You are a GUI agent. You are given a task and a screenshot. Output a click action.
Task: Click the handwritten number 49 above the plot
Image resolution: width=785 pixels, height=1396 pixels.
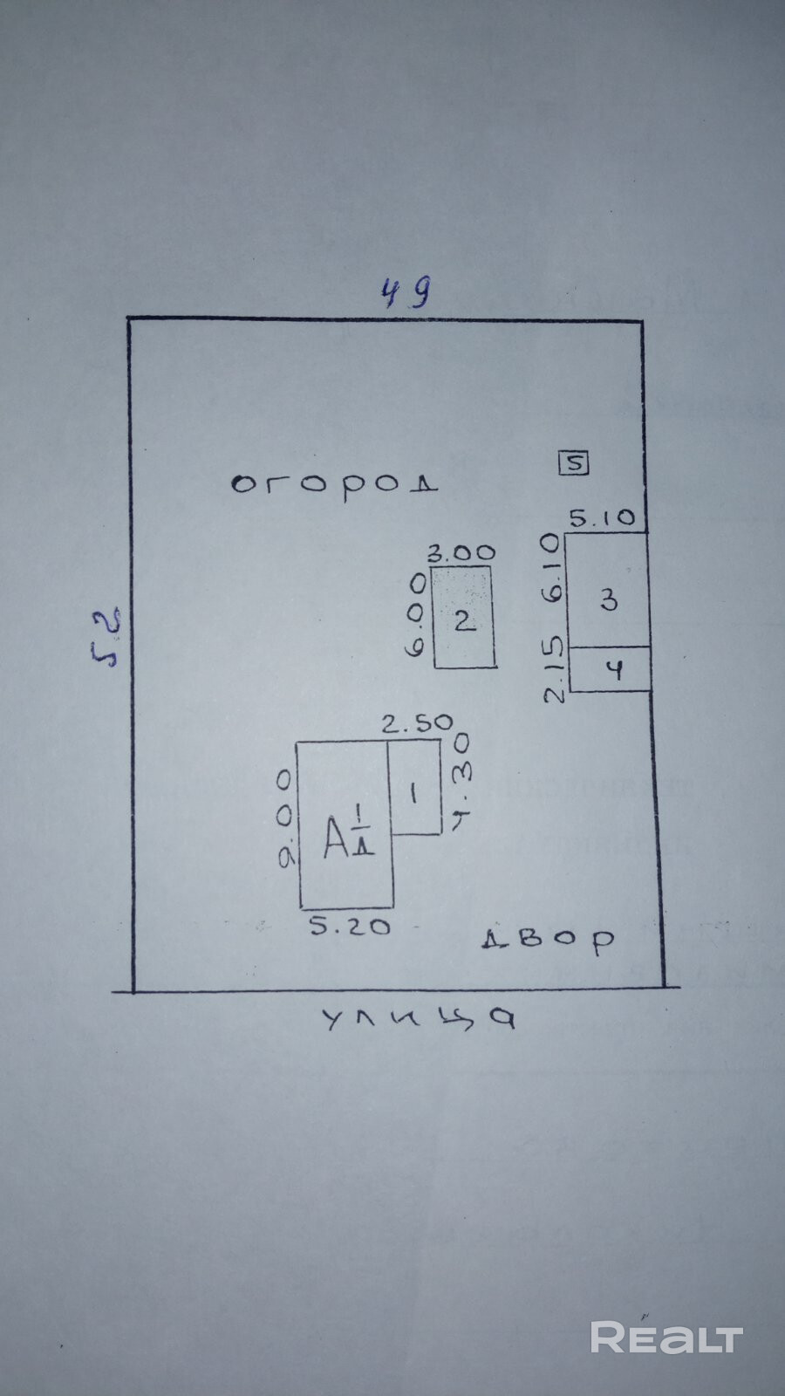(406, 292)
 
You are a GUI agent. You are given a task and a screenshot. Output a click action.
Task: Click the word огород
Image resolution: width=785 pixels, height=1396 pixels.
(334, 482)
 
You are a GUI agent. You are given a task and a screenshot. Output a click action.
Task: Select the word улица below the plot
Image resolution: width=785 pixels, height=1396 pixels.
(420, 1019)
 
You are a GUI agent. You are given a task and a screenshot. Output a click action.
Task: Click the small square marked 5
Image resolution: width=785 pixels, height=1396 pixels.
(574, 462)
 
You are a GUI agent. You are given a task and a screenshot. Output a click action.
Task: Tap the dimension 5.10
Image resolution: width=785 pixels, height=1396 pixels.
(603, 518)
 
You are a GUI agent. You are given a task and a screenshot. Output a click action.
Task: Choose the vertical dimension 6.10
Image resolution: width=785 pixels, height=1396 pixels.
(550, 568)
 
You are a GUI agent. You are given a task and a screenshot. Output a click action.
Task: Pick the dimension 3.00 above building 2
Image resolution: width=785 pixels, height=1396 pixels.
(461, 552)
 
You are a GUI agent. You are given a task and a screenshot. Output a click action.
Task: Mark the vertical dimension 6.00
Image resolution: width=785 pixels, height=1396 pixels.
(418, 614)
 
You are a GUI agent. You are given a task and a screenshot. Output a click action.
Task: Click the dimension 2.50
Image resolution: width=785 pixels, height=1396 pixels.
(418, 722)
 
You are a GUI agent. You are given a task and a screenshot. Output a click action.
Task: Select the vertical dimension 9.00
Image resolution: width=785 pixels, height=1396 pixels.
(285, 819)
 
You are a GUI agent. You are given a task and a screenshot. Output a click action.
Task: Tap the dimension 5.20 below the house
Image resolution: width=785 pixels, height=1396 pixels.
(350, 927)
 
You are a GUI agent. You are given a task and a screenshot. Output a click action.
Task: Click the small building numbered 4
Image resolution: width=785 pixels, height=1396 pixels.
(610, 670)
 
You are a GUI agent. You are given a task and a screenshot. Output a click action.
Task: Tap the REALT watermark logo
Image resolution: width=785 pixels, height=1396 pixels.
(666, 1338)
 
